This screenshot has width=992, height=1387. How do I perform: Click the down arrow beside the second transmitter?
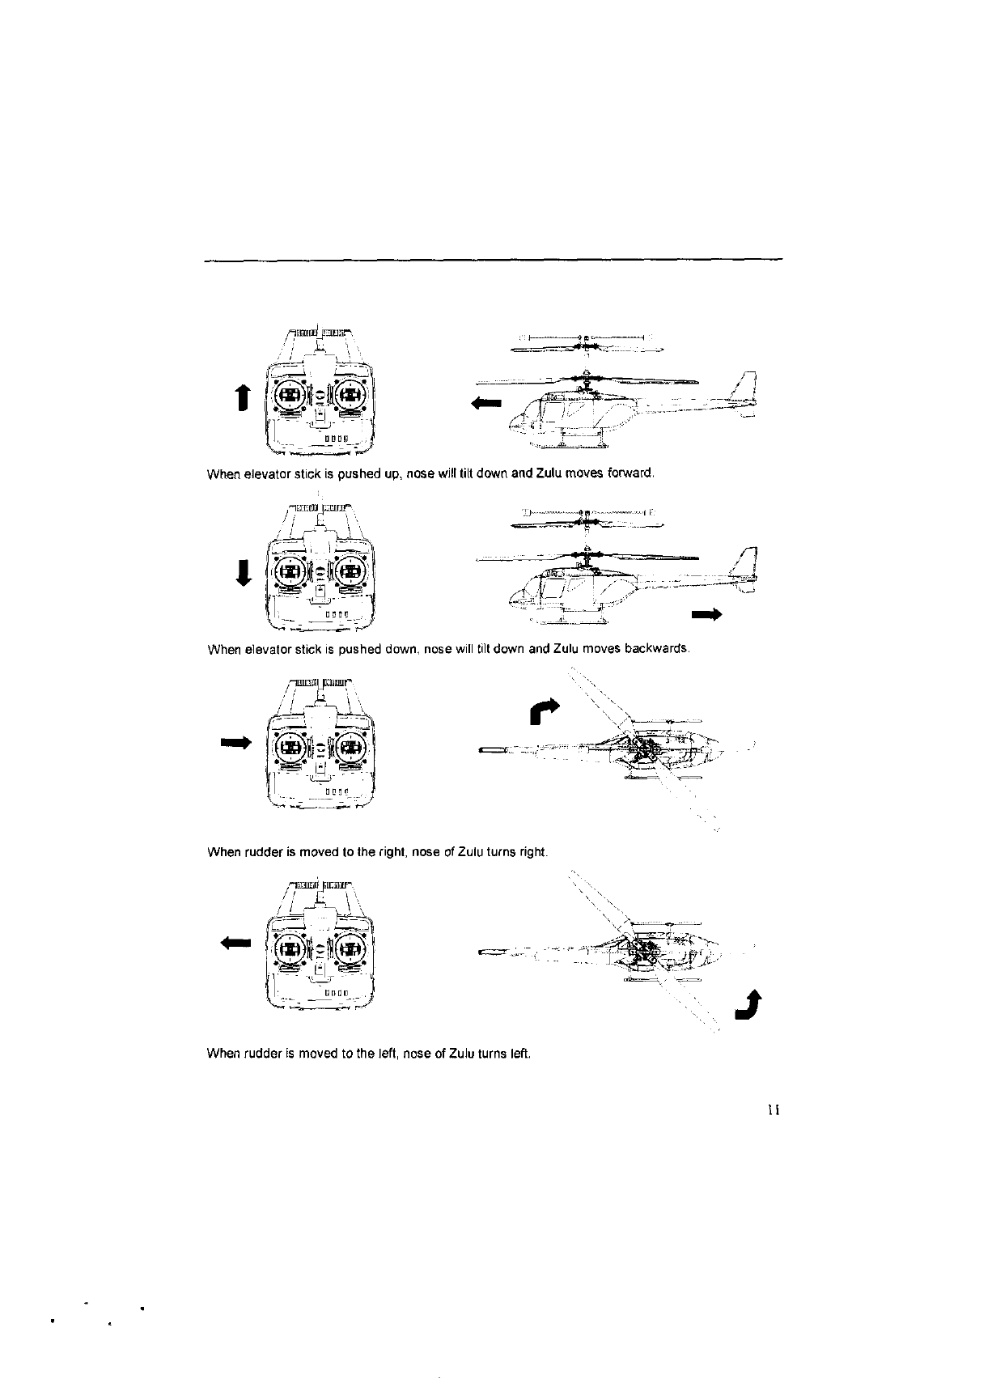click(240, 573)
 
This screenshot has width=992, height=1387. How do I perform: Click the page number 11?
click(773, 1110)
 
